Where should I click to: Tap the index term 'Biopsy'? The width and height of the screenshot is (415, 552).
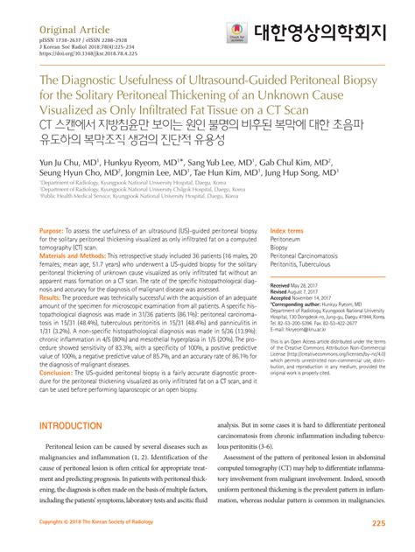pyautogui.click(x=280, y=247)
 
